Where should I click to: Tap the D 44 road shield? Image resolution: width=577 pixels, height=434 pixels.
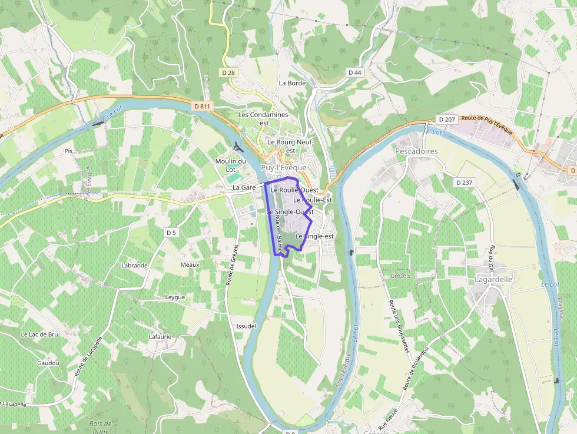[x=354, y=72]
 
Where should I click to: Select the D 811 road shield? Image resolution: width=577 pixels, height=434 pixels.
[x=201, y=106]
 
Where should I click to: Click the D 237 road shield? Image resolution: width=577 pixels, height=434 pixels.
[x=464, y=183]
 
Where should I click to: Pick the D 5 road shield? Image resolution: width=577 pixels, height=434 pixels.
[x=171, y=233]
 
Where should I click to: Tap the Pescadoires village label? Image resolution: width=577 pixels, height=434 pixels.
[x=416, y=151]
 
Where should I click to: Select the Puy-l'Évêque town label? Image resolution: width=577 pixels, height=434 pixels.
[x=284, y=168]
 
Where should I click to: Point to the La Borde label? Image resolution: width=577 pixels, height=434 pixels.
[x=292, y=83]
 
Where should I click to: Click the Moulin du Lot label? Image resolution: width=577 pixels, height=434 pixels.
[x=231, y=165]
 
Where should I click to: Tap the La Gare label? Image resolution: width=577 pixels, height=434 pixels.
[x=244, y=187]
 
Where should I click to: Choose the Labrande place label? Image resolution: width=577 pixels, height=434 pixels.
[x=134, y=266]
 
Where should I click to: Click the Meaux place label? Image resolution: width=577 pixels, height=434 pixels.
[x=190, y=265]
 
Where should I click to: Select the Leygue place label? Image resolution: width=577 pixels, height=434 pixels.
[x=175, y=297]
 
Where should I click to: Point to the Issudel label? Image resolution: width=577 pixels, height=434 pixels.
[x=246, y=326]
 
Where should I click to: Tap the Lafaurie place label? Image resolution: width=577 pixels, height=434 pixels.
[x=160, y=337]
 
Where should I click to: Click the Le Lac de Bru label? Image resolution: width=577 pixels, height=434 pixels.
[x=39, y=334]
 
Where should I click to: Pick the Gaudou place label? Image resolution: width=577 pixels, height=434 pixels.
[x=48, y=363]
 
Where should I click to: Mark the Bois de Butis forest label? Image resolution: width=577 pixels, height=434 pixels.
[x=101, y=428]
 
